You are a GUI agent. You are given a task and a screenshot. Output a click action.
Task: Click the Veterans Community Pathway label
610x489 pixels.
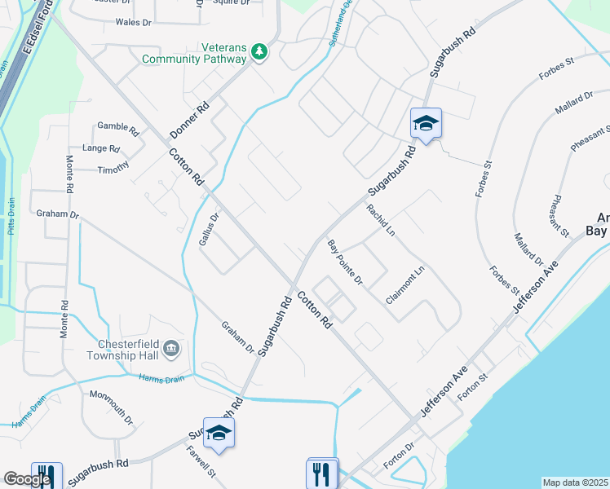click(x=193, y=53)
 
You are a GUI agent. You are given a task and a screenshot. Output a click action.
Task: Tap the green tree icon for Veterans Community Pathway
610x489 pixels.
click(x=259, y=52)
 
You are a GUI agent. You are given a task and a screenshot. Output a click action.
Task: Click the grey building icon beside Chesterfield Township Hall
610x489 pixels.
click(x=171, y=350)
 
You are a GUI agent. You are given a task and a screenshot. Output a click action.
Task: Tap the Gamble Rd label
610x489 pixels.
click(x=118, y=126)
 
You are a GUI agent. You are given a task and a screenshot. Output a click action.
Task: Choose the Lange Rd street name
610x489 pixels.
click(x=101, y=148)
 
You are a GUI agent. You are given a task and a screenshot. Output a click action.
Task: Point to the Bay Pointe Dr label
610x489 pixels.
click(x=344, y=262)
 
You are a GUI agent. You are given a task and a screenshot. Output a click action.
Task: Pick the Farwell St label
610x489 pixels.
click(x=200, y=461)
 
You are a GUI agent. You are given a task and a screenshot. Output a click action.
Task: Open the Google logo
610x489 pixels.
click(x=27, y=479)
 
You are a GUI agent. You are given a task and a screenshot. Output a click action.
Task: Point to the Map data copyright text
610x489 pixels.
click(x=575, y=482)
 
